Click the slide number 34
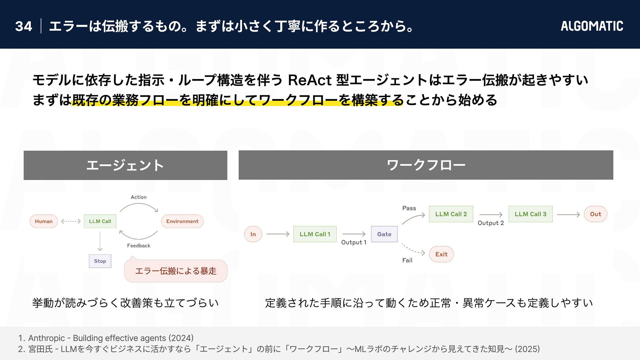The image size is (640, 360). coord(24,26)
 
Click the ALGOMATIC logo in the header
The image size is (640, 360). coord(592,26)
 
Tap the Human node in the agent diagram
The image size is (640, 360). coord(44,221)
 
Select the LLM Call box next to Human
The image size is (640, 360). coord(100,221)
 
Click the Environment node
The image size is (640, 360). coord(182,221)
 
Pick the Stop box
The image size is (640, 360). coord(100,261)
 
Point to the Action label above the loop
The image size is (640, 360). coord(139,197)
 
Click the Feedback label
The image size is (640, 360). coord(139,246)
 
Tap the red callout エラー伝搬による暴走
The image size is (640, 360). coord(176,271)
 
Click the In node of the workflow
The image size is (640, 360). coord(253,234)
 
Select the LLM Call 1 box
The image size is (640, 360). coord(315,234)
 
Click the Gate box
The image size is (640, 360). coord(384,234)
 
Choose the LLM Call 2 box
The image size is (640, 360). coord(451,214)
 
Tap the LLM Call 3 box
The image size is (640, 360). coord(530,214)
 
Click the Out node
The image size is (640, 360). coord(595,214)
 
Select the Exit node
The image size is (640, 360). coord(441,254)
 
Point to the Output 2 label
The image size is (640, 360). coord(491,223)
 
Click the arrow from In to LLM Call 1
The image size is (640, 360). coord(278,234)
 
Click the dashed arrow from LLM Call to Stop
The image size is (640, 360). coord(100,241)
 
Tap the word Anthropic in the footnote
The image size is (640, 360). coord(46,338)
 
